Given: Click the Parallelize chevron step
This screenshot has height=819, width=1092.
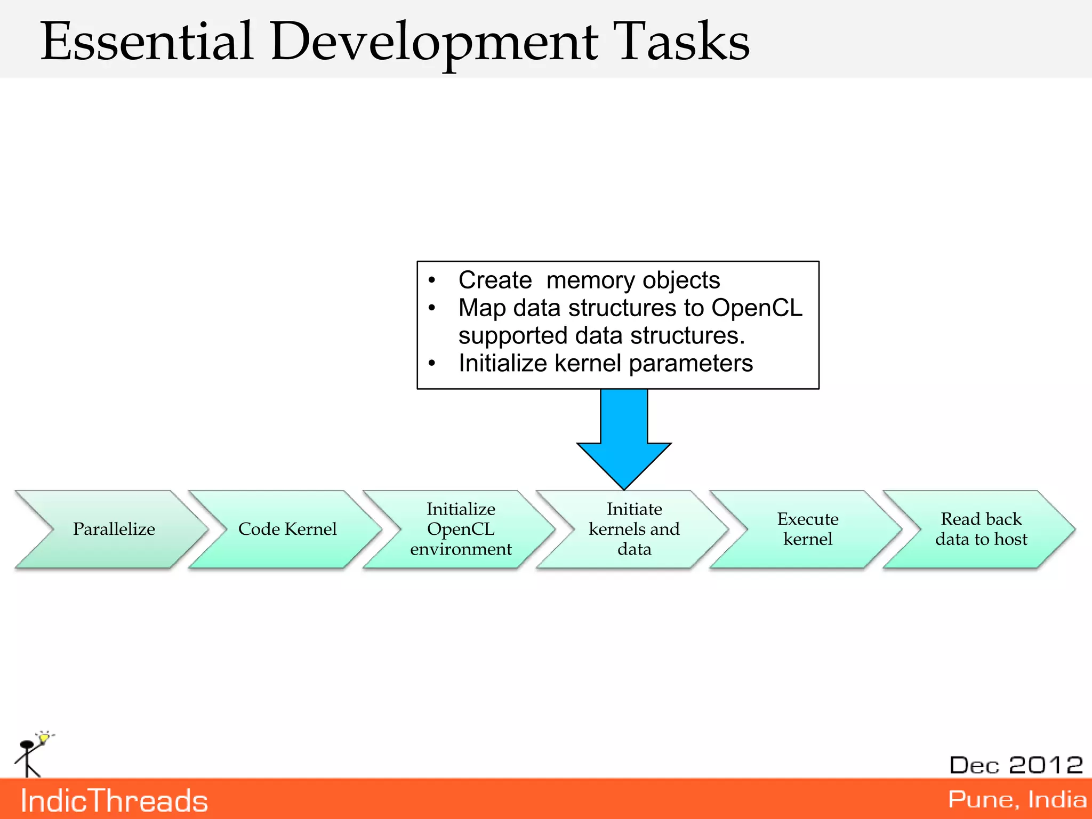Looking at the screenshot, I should tap(114, 529).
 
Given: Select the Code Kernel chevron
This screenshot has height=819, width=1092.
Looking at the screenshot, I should tap(287, 529).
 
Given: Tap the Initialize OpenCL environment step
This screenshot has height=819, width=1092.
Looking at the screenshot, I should tap(461, 529).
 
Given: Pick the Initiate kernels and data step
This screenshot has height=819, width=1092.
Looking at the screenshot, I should tap(634, 529).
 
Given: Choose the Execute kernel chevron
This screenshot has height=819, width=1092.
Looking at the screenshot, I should tap(807, 529).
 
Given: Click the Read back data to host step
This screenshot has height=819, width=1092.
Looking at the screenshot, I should tap(981, 529).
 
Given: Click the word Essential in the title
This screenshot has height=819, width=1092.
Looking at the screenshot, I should tap(147, 41).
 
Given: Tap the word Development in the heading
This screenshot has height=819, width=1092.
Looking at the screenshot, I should tap(434, 43).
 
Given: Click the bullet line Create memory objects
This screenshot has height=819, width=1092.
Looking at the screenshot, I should tap(589, 280).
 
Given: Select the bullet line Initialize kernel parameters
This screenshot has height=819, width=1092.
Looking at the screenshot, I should tap(605, 364).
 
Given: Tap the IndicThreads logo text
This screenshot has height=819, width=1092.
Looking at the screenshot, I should tap(114, 801).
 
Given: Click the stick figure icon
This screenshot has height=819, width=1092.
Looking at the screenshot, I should tap(28, 757).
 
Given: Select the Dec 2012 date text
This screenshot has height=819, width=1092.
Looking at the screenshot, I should tap(1016, 765).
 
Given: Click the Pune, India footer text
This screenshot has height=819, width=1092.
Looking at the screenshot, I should tap(1017, 799).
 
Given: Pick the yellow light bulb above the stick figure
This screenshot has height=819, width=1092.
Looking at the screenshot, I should tap(44, 738).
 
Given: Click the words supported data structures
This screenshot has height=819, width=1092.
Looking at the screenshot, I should tap(601, 336).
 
